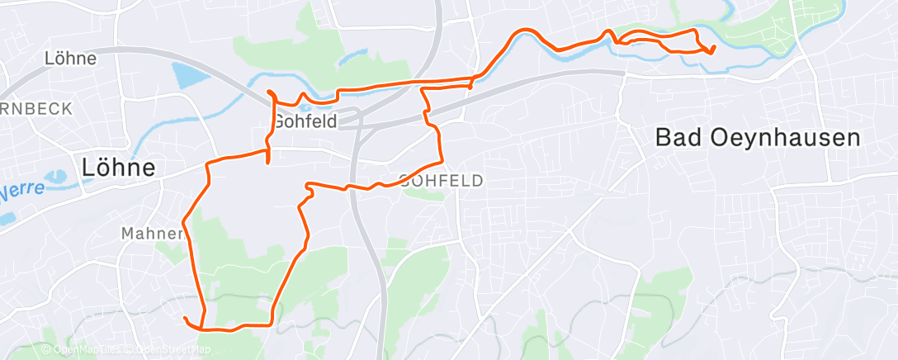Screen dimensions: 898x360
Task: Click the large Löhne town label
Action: (x=119, y=167)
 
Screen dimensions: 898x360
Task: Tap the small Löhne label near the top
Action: (x=70, y=59)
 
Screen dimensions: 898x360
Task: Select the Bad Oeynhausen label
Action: (x=758, y=138)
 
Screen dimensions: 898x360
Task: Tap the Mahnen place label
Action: (x=152, y=234)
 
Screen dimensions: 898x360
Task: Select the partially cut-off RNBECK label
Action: (x=37, y=108)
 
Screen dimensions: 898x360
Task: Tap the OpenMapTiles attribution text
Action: (x=89, y=349)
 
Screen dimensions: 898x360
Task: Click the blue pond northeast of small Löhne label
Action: (x=189, y=77)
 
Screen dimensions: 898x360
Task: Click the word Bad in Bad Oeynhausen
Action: (x=679, y=138)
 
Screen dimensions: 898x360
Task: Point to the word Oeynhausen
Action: (x=783, y=138)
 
